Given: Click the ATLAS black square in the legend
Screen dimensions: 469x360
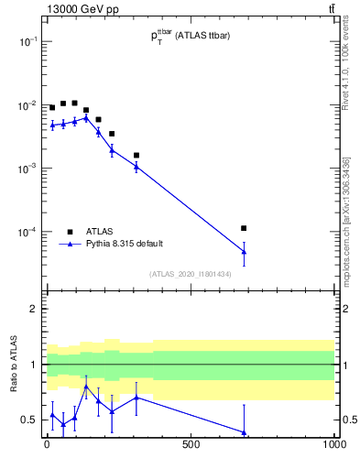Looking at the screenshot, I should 70,232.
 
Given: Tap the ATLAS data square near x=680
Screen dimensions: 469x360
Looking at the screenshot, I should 244,227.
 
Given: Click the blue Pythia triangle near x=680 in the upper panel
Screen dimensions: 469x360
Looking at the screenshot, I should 244,251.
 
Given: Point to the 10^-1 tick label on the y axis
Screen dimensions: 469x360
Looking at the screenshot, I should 27,42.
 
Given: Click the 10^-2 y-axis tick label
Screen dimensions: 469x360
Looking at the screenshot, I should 27,105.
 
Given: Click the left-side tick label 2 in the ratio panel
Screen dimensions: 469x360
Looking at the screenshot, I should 34,309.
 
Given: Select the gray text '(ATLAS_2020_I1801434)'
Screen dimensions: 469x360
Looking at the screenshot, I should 191,273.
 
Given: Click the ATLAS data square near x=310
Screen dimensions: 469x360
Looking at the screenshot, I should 136,155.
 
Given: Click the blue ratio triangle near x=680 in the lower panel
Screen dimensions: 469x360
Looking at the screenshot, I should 244,432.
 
